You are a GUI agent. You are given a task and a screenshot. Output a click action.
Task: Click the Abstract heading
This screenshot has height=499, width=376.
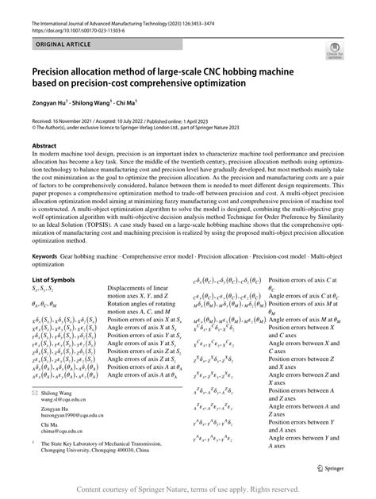pos(47,146)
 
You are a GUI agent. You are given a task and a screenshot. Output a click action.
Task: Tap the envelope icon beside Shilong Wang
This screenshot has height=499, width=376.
pos(35,393)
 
